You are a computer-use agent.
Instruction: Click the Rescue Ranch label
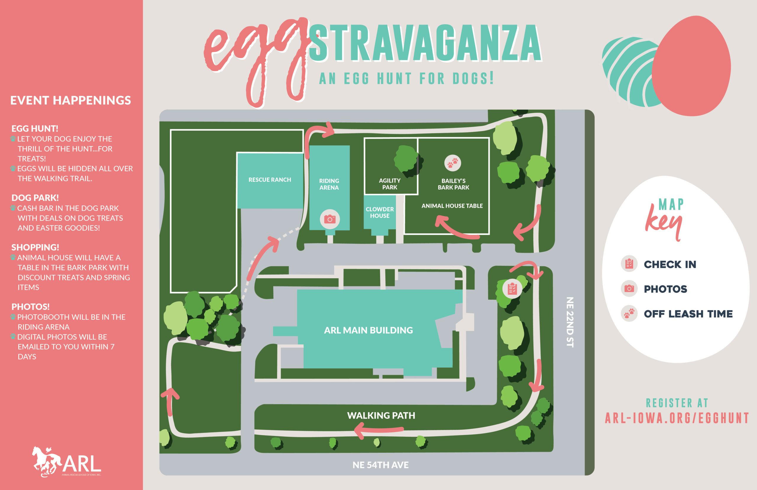pos(270,180)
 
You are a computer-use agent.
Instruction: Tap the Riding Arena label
pos(329,184)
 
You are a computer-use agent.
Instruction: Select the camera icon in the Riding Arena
pos(330,219)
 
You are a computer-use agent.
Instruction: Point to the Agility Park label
pos(390,184)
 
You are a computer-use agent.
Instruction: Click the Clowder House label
pos(380,212)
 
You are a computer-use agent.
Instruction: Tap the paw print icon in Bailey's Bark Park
pos(452,163)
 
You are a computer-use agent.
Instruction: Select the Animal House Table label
pos(452,206)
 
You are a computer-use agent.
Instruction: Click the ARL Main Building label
pos(368,330)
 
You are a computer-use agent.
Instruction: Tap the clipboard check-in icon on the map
pos(512,288)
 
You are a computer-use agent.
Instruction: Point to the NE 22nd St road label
pos(570,322)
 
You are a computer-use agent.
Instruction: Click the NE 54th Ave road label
pos(381,465)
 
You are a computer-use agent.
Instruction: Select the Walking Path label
pos(381,415)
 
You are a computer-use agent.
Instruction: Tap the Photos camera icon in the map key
pos(629,288)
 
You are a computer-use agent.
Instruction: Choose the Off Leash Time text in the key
pos(688,314)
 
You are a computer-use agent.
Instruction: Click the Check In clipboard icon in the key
pos(629,264)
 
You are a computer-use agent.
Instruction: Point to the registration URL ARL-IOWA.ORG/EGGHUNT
pos(677,418)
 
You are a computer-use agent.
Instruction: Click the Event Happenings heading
pos(71,100)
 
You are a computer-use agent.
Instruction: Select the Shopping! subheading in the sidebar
pos(35,247)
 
